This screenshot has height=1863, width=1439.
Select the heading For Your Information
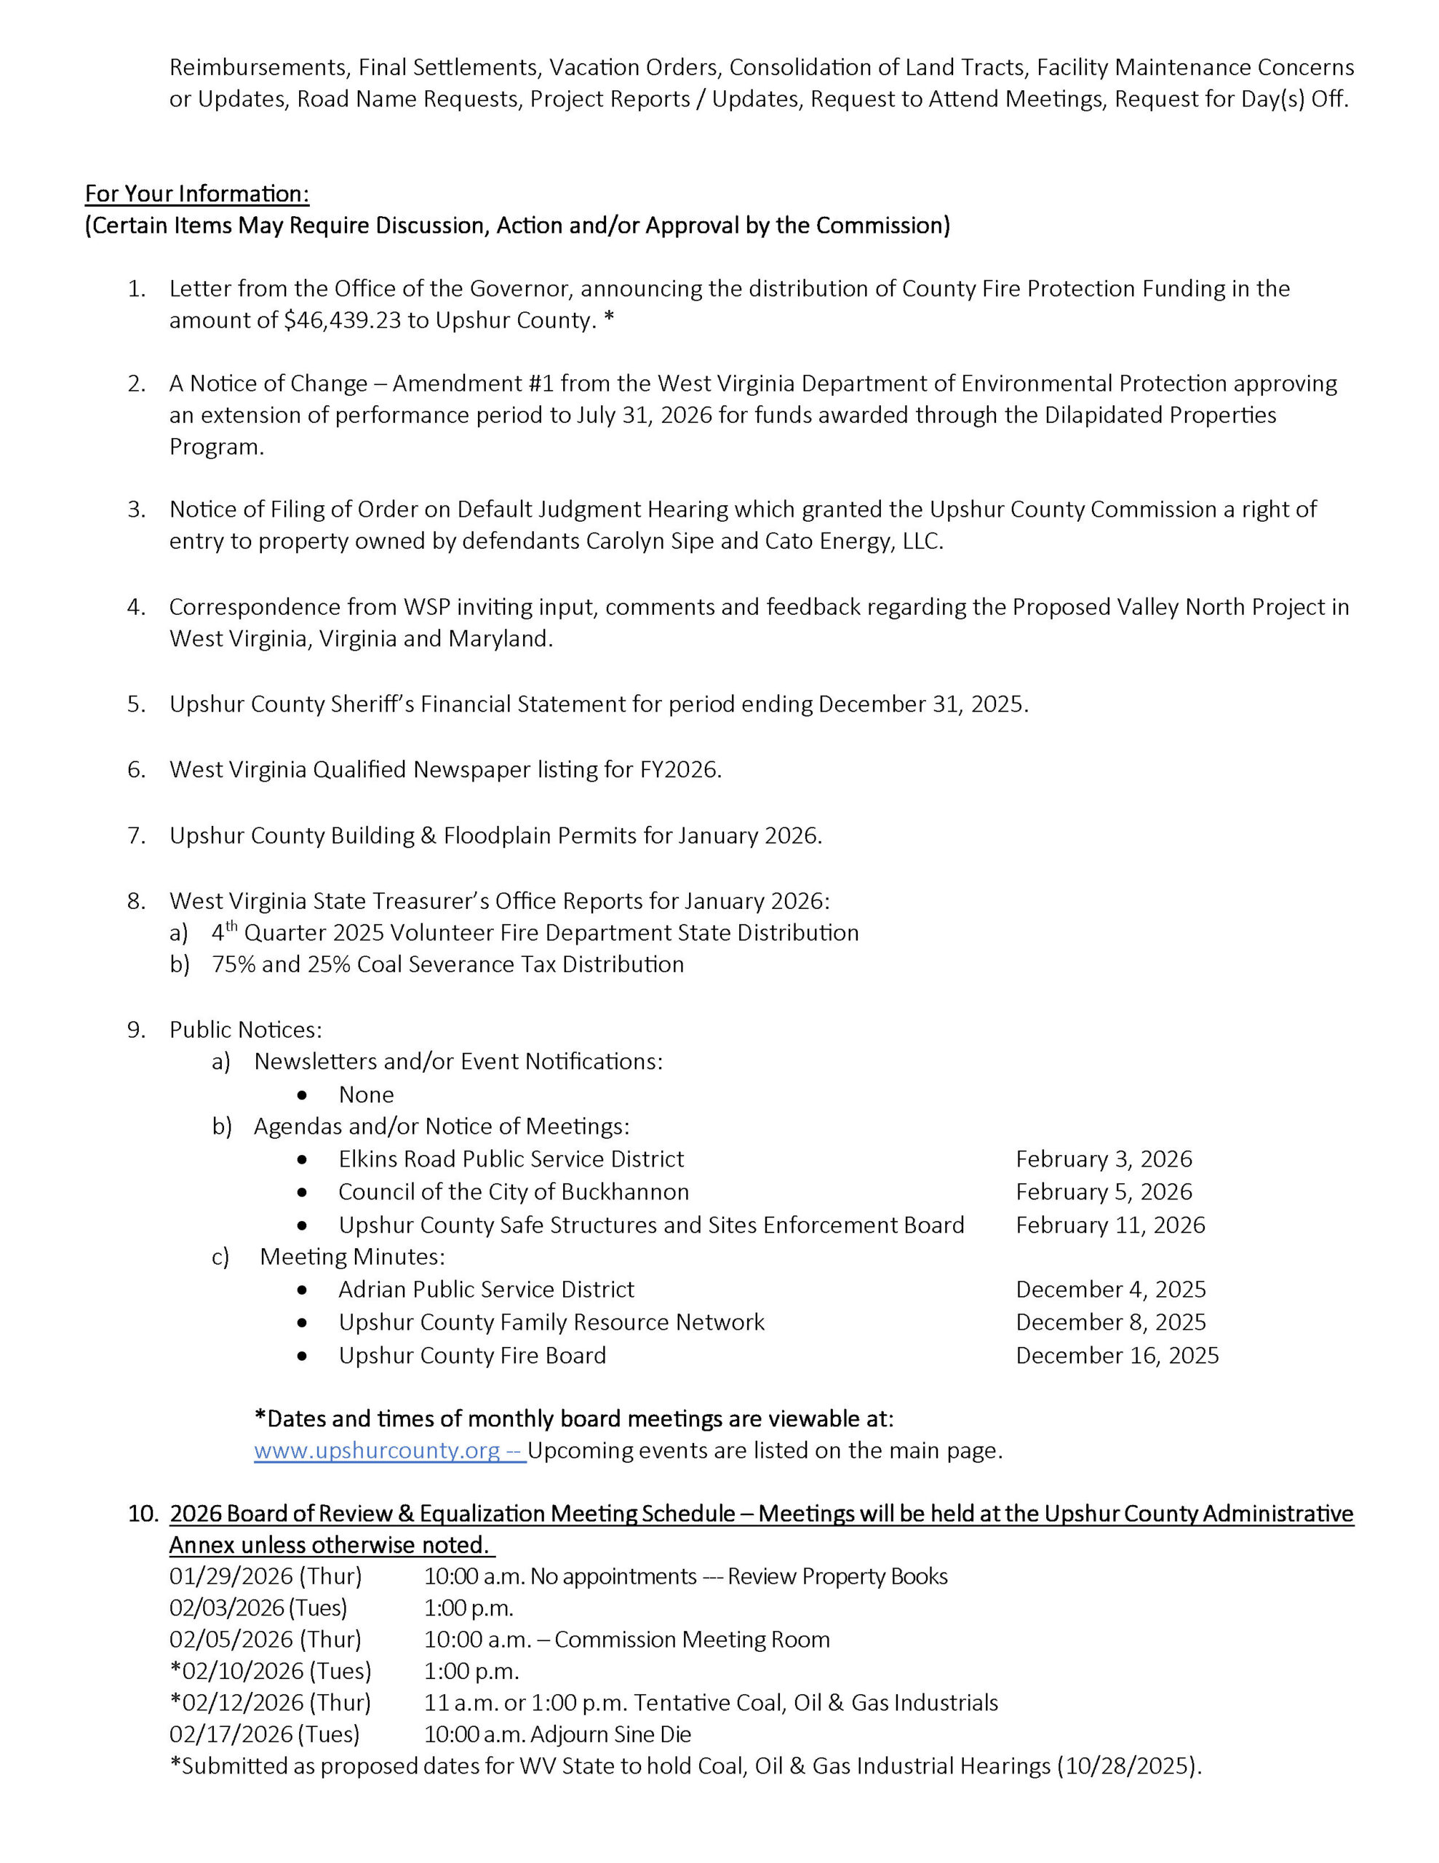coord(197,194)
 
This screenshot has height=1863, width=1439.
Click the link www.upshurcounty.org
coord(377,1450)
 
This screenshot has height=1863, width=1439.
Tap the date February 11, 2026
coord(1109,1225)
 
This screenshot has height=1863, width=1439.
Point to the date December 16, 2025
coord(1117,1356)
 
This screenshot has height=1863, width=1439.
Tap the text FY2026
coord(679,769)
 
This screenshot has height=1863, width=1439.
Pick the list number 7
coord(137,835)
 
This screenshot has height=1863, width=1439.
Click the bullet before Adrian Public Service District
coord(302,1290)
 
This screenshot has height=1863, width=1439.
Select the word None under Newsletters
coord(366,1095)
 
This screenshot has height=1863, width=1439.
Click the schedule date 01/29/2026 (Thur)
coord(266,1576)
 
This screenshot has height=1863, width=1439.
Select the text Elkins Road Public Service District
coord(511,1159)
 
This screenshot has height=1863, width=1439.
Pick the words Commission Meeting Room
coord(692,1640)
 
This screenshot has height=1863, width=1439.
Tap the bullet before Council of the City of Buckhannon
coord(302,1193)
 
